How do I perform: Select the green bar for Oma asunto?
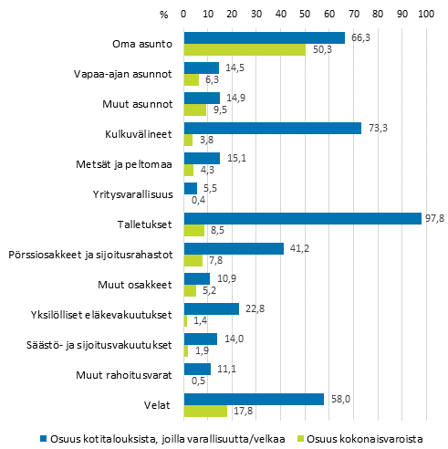(x=245, y=49)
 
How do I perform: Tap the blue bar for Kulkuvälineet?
(x=273, y=128)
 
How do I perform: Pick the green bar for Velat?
(x=205, y=411)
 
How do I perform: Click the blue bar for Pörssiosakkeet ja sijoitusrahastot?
(x=234, y=248)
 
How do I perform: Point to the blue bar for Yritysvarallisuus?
(x=191, y=188)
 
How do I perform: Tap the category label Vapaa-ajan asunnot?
(x=126, y=74)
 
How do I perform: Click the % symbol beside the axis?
(x=163, y=15)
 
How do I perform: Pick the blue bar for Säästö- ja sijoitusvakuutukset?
(x=201, y=339)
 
